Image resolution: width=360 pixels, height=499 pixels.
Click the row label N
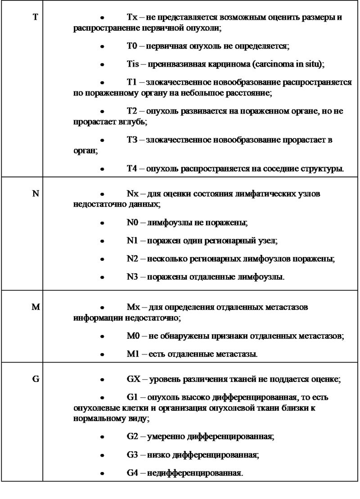click(x=36, y=193)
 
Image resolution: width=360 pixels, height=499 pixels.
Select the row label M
click(x=36, y=307)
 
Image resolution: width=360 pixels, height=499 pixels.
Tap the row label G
click(x=36, y=379)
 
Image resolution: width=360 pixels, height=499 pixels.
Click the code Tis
click(x=133, y=64)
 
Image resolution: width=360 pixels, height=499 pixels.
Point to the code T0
click(x=131, y=46)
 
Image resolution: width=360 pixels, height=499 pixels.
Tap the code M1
click(x=132, y=354)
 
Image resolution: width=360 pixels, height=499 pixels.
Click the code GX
click(x=133, y=379)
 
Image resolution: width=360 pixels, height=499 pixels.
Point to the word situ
click(x=312, y=64)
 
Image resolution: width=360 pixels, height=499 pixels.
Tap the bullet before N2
click(x=103, y=260)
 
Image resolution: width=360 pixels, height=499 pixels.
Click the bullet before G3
click(x=103, y=455)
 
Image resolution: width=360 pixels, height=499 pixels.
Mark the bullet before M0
click(x=103, y=336)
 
